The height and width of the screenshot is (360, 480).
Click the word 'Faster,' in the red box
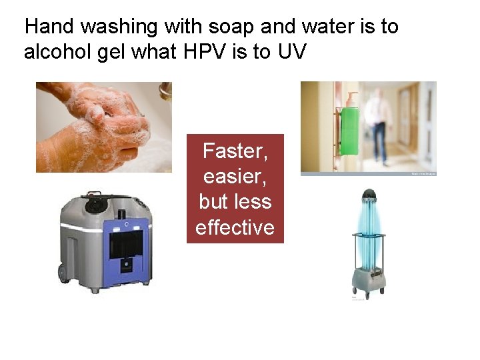[235, 152]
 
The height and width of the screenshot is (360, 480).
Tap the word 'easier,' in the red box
[235, 177]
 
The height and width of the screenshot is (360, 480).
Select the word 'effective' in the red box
[235, 227]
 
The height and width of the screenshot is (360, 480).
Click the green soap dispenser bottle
[350, 129]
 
